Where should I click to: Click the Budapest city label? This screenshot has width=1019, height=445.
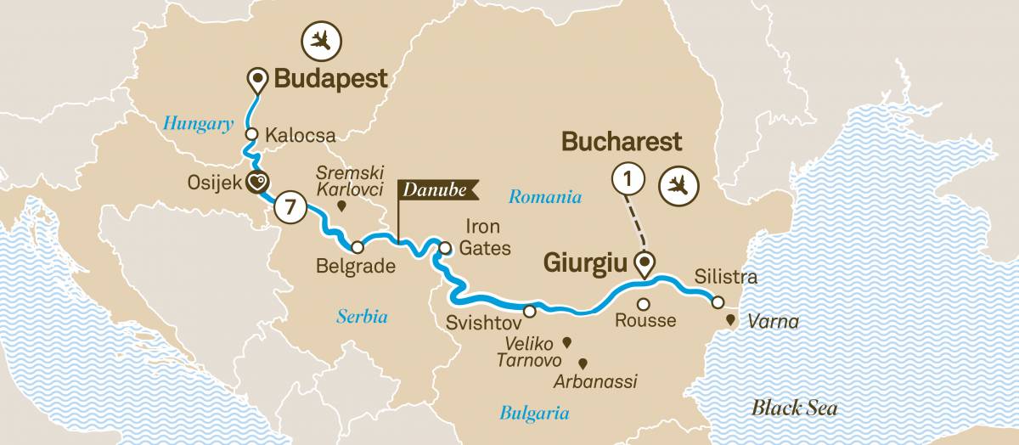(x=329, y=79)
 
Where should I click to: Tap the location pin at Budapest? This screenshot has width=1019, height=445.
(x=256, y=81)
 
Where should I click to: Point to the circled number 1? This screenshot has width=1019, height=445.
(x=627, y=180)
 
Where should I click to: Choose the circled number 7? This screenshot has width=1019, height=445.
(x=290, y=206)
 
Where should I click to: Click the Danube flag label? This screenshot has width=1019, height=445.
(x=434, y=191)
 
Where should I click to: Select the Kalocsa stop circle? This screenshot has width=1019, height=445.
(x=251, y=134)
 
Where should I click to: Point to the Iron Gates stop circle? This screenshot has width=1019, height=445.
(x=446, y=248)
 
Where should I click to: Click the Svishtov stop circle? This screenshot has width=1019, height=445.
(x=530, y=312)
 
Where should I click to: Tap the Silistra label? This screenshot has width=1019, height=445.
(x=725, y=277)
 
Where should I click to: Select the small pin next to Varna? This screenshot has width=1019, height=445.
(x=729, y=321)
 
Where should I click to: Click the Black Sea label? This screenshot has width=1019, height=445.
(x=794, y=408)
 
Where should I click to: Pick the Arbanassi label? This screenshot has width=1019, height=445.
(x=595, y=381)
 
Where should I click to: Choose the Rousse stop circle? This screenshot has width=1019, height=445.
(x=644, y=304)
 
